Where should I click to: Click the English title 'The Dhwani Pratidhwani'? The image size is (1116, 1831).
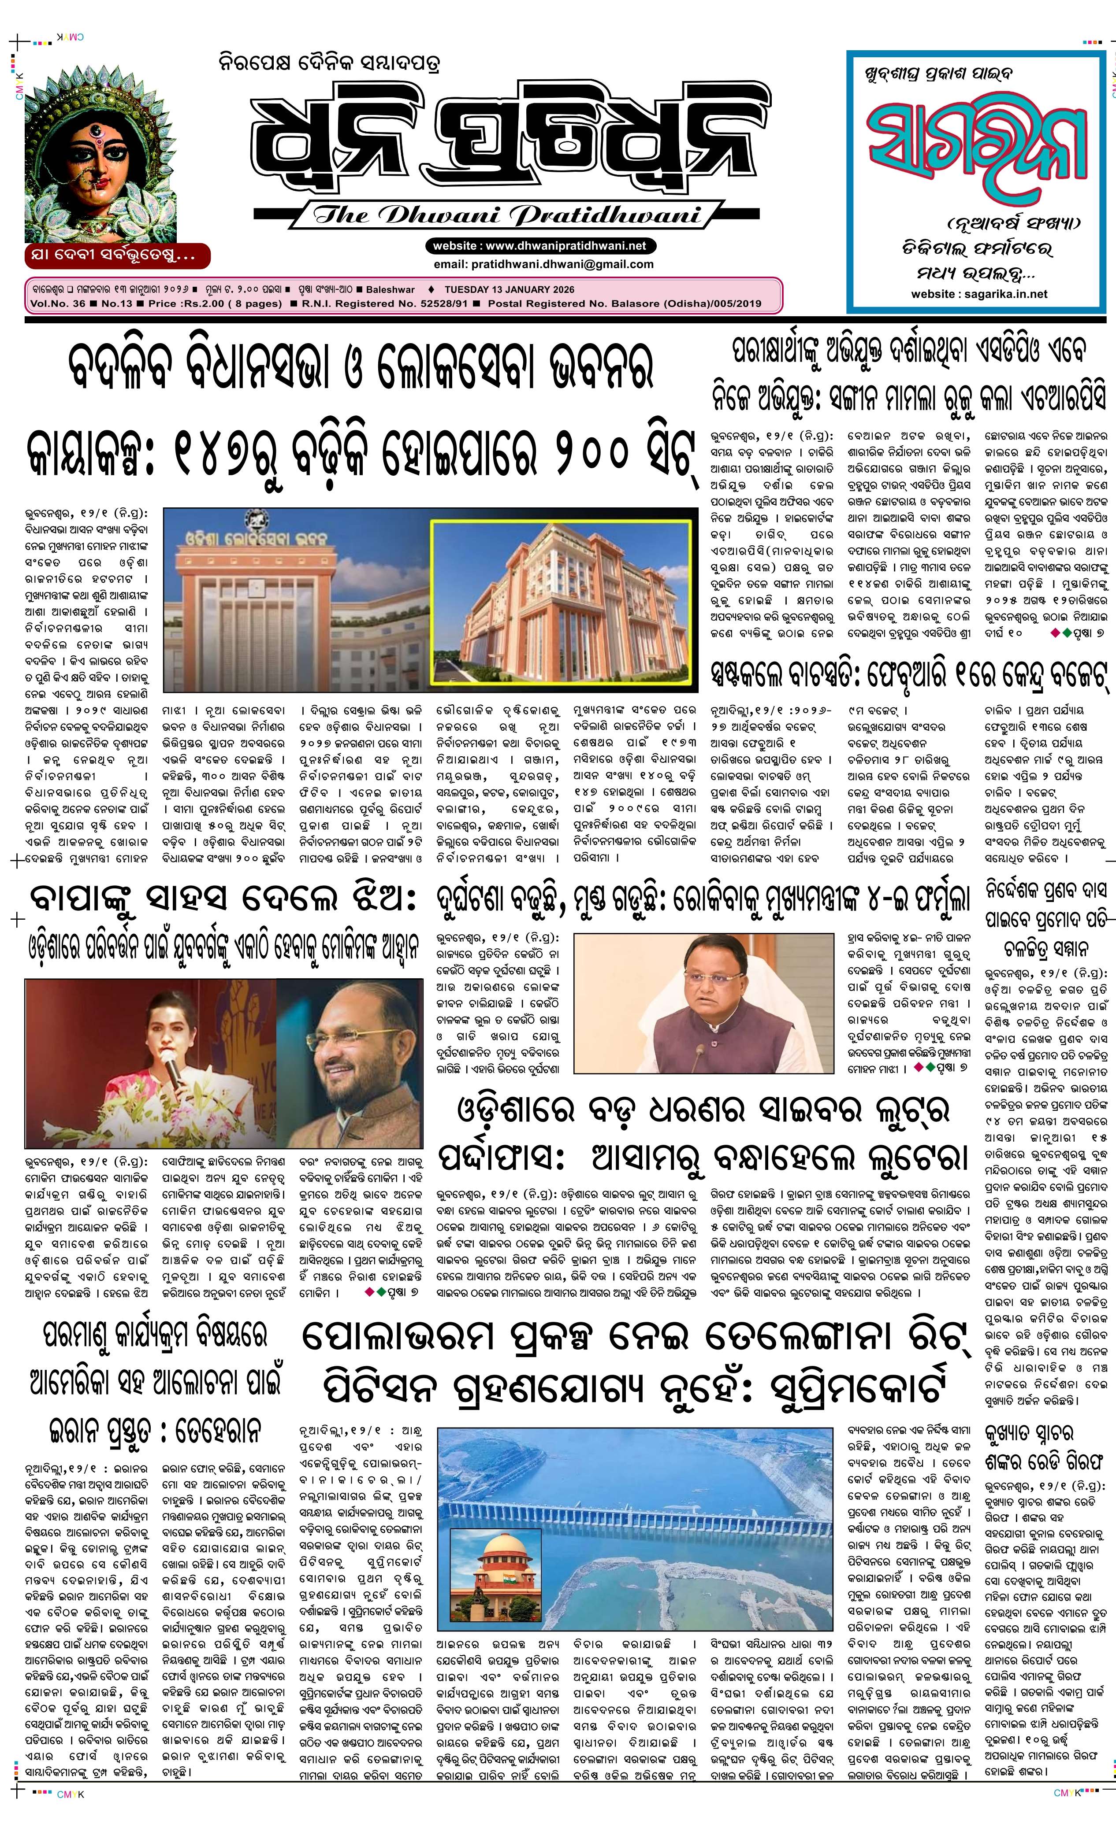(508, 215)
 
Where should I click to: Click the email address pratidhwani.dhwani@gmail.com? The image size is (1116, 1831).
(543, 264)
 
